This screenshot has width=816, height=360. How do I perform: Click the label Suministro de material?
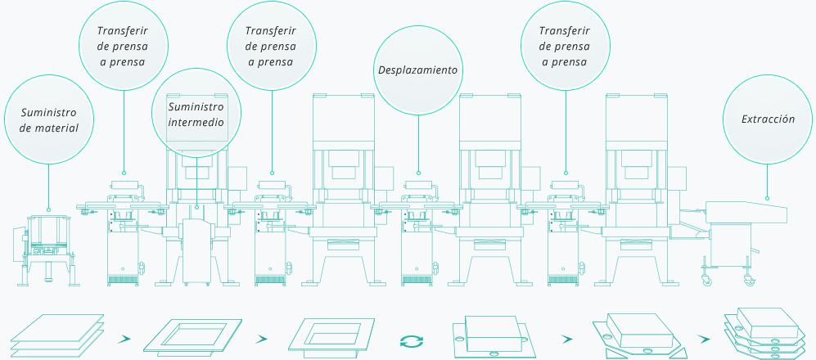49,120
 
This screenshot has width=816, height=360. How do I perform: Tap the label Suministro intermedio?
196,115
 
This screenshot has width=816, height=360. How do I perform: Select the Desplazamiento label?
418,70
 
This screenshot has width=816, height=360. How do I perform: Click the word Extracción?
768,119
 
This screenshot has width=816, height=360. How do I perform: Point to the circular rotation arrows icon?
412,341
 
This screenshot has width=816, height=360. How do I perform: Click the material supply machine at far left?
46,250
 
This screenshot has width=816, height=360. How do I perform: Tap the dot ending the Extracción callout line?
767,198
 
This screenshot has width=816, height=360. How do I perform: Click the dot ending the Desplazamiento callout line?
418,173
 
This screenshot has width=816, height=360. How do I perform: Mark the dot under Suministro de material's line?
48,209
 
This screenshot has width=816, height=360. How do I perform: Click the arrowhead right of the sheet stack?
124,340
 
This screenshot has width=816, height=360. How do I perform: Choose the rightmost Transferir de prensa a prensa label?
565,47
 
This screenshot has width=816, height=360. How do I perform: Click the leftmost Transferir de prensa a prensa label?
123,47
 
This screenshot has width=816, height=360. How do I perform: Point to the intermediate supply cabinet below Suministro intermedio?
197,250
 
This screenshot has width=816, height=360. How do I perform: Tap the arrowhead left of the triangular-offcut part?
567,340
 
